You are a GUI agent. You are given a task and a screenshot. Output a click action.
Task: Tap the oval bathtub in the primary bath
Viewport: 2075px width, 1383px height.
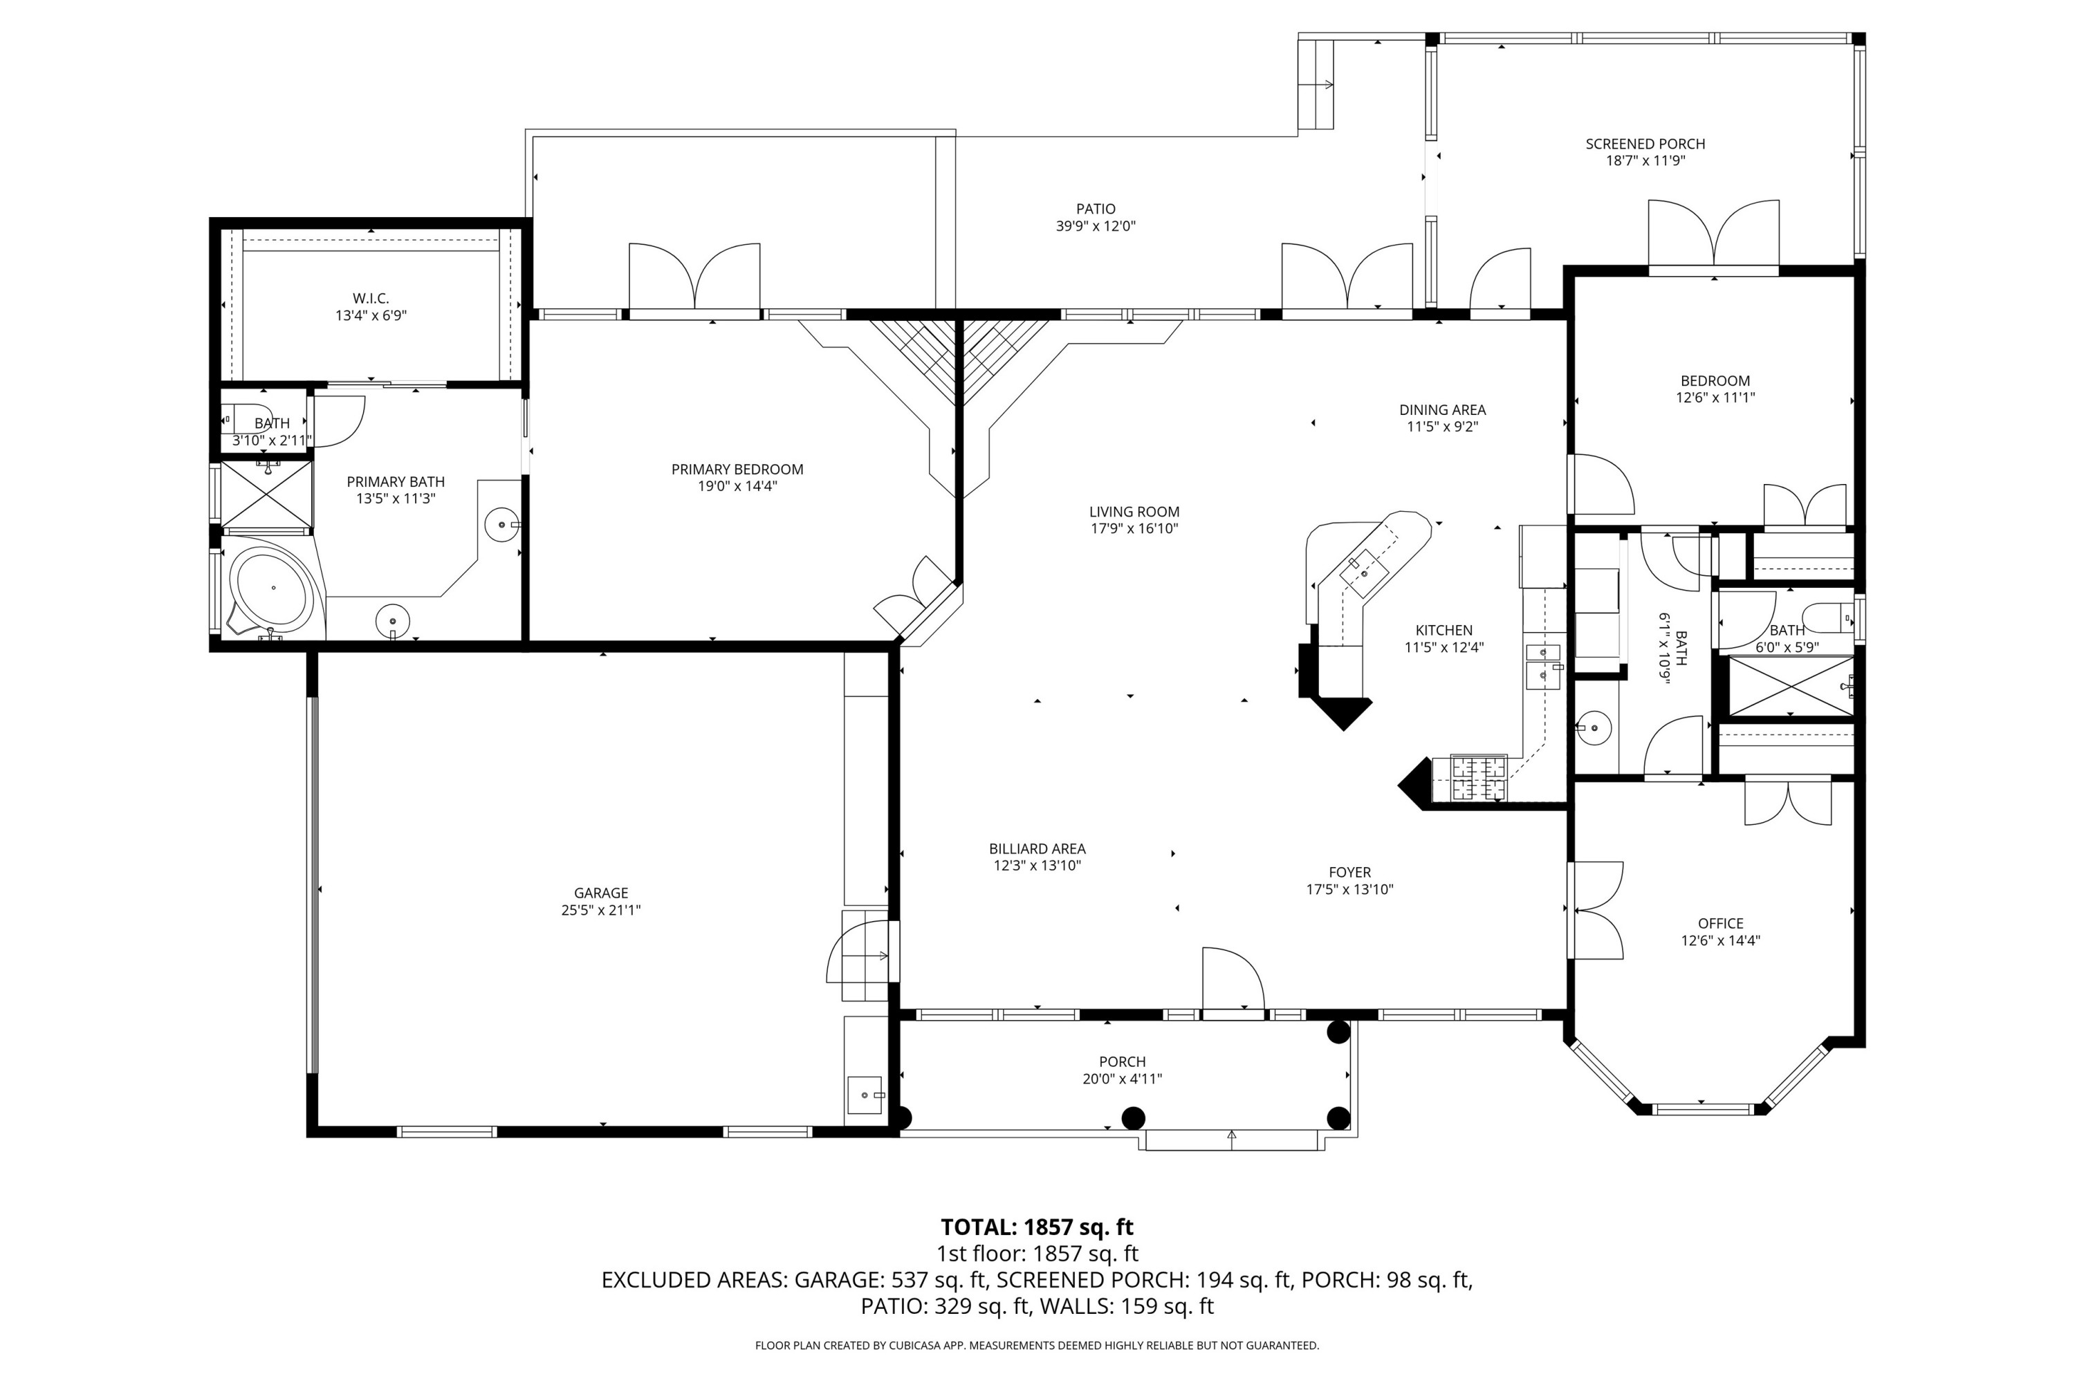coord(272,586)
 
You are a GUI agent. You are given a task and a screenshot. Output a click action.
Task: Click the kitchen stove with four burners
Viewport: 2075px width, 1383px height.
coord(1479,778)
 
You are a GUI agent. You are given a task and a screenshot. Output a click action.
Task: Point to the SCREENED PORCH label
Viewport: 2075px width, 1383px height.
coord(1645,144)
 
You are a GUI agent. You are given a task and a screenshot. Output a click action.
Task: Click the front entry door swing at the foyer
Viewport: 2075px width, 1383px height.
coord(1233,980)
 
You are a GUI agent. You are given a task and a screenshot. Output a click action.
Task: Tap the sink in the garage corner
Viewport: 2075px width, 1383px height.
coord(865,1095)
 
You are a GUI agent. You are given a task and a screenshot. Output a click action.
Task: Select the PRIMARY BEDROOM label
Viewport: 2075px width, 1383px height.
coord(737,470)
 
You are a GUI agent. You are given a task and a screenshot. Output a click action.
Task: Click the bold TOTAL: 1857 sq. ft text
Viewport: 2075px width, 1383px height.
coord(1037,1227)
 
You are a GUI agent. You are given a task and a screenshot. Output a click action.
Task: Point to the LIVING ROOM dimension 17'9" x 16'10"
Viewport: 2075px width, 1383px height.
coord(1134,529)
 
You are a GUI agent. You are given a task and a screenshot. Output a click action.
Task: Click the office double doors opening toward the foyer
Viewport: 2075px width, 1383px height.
coord(1597,909)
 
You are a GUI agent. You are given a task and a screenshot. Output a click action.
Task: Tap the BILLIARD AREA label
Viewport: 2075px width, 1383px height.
coord(1037,848)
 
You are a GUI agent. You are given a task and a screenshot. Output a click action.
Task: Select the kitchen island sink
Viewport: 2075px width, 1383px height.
coord(1364,573)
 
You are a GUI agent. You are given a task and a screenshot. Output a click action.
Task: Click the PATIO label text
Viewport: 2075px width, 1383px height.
coord(1095,209)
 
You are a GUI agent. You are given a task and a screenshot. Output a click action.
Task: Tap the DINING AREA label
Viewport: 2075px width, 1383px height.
coord(1441,409)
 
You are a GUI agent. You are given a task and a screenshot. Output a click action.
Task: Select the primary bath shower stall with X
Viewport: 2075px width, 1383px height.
coord(266,494)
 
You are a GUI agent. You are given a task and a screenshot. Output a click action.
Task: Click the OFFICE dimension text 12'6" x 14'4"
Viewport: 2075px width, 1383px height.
coord(1719,941)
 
